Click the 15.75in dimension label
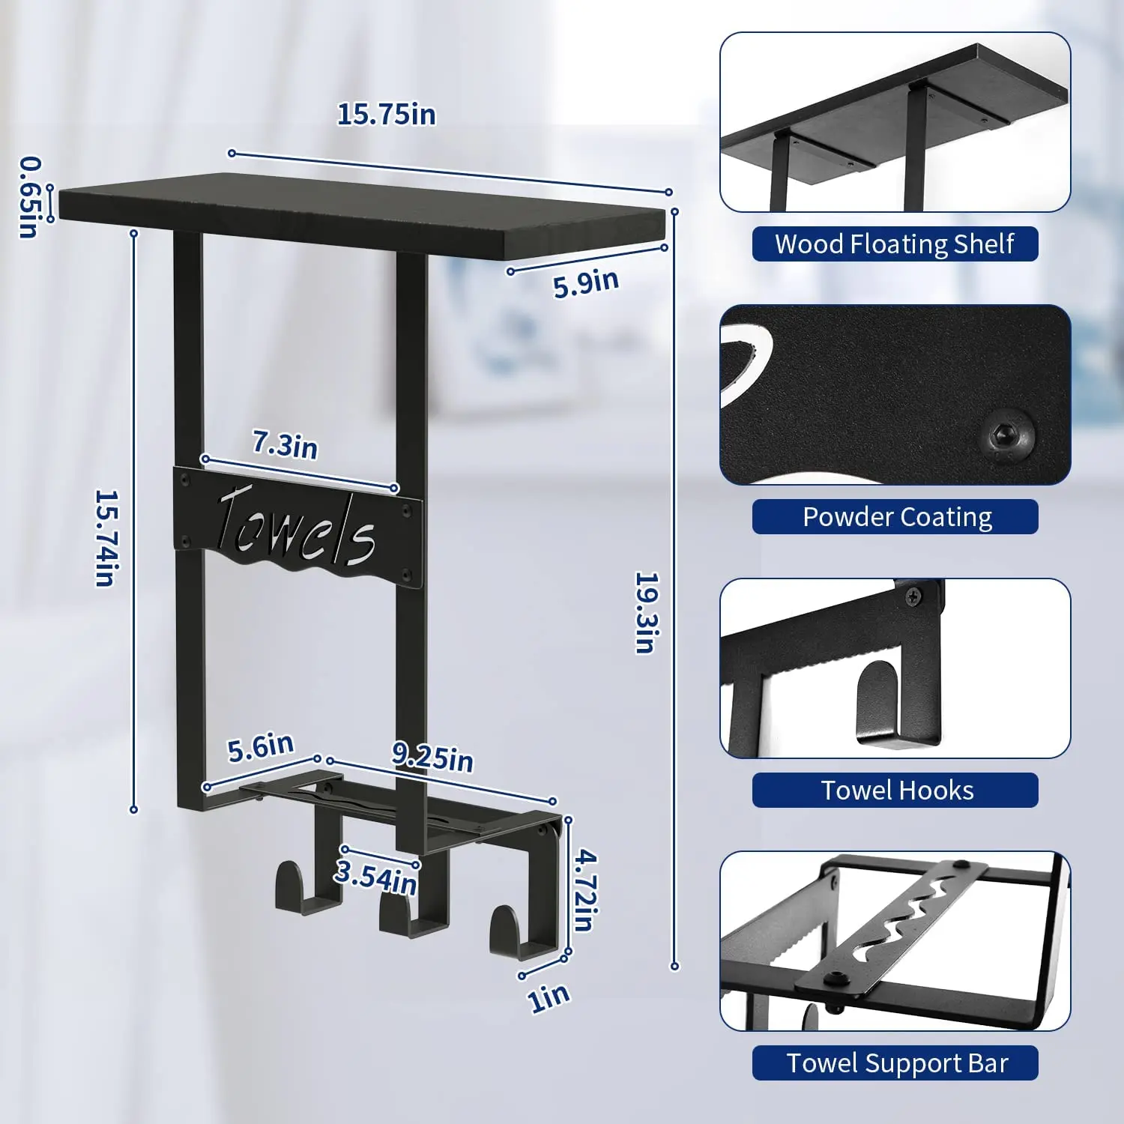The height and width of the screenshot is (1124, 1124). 386,115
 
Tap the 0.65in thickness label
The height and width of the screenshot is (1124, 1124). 29,196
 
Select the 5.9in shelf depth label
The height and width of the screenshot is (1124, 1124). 586,282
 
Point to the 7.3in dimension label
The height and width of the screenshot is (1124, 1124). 285,445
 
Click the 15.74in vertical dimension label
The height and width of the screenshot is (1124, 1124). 106,538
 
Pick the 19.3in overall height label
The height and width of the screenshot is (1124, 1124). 647,612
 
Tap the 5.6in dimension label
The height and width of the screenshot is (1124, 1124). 261,747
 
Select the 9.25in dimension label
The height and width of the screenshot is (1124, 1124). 432,757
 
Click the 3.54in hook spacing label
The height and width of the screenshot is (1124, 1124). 375,877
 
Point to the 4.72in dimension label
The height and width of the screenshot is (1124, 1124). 585,889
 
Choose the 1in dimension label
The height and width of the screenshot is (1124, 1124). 549,997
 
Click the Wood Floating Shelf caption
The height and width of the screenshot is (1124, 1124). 895,244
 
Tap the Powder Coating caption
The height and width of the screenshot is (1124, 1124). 896,517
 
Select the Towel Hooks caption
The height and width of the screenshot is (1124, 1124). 896,791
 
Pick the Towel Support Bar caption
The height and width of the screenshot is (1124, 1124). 896,1063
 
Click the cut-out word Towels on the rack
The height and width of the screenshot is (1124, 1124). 296,528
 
